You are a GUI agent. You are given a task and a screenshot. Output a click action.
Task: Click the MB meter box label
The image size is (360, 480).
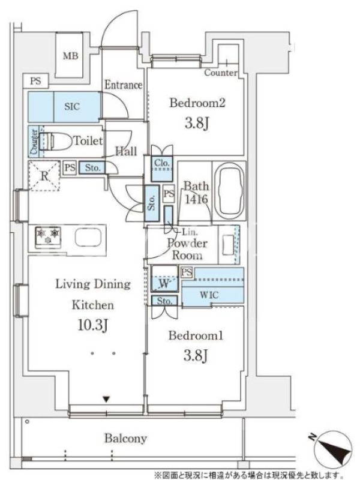[x=71, y=56]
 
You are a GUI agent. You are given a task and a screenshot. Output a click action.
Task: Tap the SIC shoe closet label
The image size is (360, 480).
[x=72, y=107]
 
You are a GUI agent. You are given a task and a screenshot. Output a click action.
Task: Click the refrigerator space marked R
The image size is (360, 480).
[x=44, y=176]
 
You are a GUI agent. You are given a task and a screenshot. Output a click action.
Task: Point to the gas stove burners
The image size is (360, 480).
[x=49, y=236]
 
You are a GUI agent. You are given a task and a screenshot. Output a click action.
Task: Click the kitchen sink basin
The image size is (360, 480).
[x=88, y=237]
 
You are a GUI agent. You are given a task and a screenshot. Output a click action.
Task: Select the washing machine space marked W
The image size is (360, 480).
[x=164, y=283]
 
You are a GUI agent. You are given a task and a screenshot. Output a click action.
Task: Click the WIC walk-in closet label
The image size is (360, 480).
[x=209, y=295]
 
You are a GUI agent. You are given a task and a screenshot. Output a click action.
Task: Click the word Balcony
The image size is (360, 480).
[x=125, y=439]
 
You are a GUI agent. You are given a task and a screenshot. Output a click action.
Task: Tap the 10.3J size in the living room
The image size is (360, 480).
[x=93, y=325]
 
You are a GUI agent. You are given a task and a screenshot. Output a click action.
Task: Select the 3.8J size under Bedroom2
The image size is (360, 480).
[x=197, y=124]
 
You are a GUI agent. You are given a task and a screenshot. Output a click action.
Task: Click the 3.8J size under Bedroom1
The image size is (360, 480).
[x=196, y=355]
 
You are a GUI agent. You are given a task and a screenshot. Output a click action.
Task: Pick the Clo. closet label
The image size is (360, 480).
[x=161, y=163]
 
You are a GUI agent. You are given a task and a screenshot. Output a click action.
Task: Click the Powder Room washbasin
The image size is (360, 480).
[x=228, y=245]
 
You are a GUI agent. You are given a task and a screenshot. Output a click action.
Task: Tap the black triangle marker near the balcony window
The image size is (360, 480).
[x=106, y=399]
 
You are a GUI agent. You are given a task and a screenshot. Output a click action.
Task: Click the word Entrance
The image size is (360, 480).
[x=124, y=85]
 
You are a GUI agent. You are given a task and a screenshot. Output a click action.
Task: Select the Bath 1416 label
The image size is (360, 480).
[x=196, y=193]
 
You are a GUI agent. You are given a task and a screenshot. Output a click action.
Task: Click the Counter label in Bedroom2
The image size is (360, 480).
[x=221, y=73]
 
